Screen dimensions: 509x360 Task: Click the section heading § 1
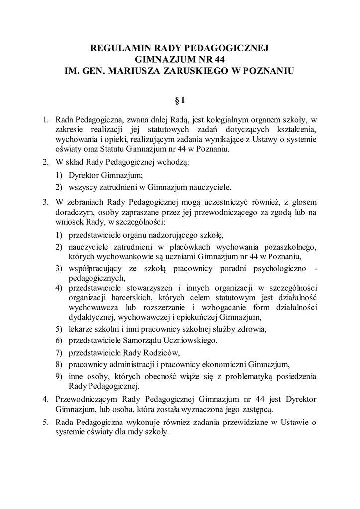[x=180, y=101]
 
